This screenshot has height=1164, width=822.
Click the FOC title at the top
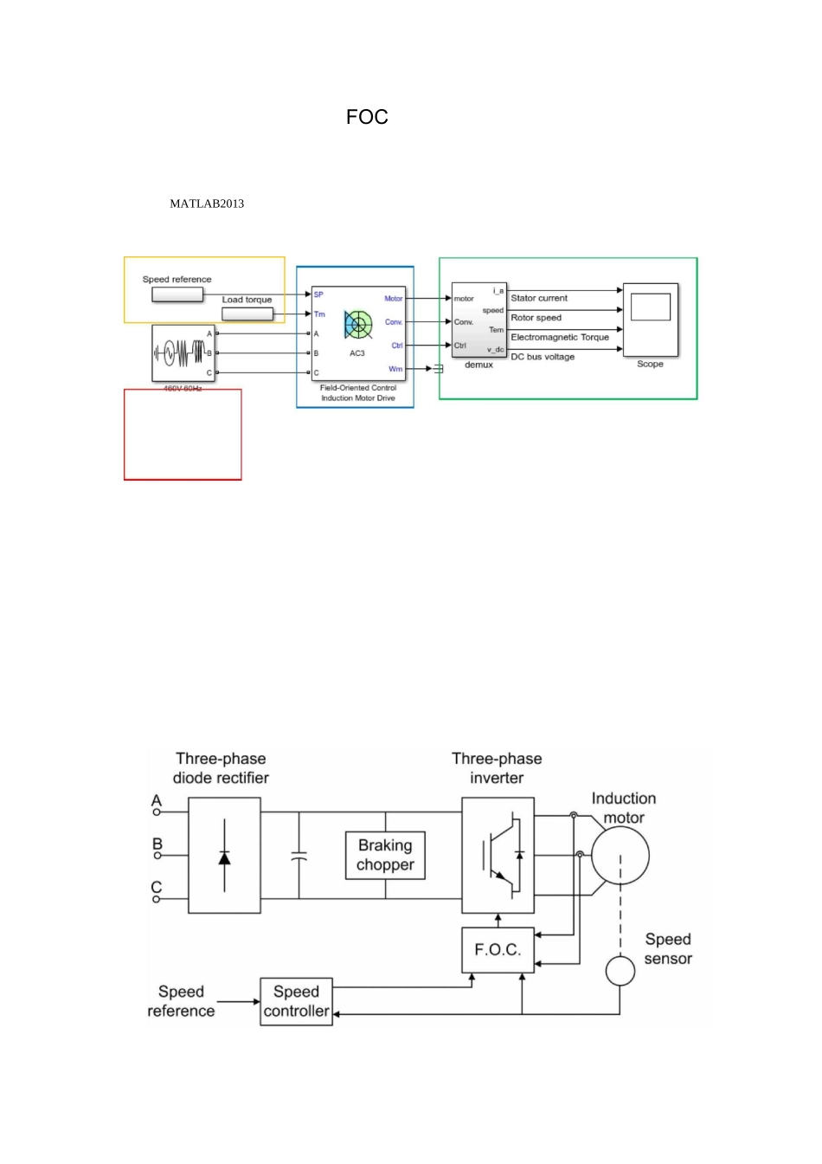pyautogui.click(x=367, y=118)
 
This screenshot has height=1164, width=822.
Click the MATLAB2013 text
pyautogui.click(x=207, y=204)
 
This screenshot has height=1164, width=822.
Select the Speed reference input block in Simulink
pyautogui.click(x=177, y=294)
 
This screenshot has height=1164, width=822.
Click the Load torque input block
pyautogui.click(x=247, y=314)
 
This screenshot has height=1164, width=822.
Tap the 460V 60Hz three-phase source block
pyautogui.click(x=183, y=352)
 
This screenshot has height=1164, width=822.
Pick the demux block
pyautogui.click(x=478, y=320)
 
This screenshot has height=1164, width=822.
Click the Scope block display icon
pyautogui.click(x=651, y=307)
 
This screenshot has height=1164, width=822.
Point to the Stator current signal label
pyautogui.click(x=539, y=298)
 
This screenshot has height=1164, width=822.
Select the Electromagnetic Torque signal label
pyautogui.click(x=560, y=337)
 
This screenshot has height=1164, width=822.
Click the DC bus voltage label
pyautogui.click(x=543, y=357)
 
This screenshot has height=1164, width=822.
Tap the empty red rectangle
pyautogui.click(x=183, y=435)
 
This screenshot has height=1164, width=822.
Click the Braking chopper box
pyautogui.click(x=385, y=856)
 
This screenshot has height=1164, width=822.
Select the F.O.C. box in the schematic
pyautogui.click(x=498, y=950)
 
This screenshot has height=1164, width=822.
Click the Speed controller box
pyautogui.click(x=296, y=1001)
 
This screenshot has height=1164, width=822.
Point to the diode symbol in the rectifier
pyautogui.click(x=224, y=857)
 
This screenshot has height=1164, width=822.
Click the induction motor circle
pyautogui.click(x=620, y=856)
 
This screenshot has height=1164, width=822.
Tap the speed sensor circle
pyautogui.click(x=620, y=971)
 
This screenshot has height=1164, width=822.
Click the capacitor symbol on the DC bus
pyautogui.click(x=299, y=856)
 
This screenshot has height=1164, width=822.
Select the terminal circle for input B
pyautogui.click(x=157, y=856)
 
